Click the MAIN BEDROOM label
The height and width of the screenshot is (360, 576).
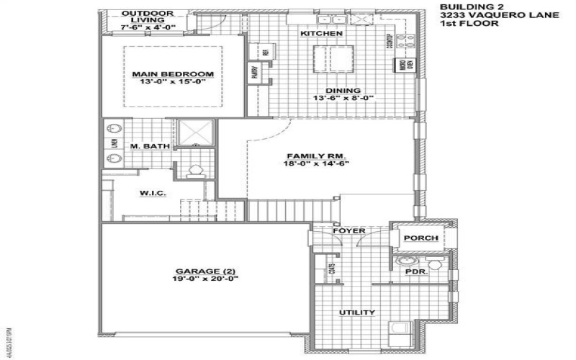(x=173, y=74)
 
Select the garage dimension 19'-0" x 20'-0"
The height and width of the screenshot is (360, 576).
(x=204, y=279)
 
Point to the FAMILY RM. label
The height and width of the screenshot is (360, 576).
(x=317, y=156)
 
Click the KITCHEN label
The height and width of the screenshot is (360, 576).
(x=321, y=34)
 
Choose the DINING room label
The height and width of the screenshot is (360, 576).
(x=343, y=91)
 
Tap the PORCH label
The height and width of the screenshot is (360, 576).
(x=417, y=238)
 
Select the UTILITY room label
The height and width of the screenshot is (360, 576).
(x=357, y=312)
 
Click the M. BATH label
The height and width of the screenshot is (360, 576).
(x=150, y=147)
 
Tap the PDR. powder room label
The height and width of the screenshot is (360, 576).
(x=417, y=273)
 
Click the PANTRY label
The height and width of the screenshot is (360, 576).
(x=256, y=72)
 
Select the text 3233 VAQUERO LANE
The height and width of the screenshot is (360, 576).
(x=479, y=15)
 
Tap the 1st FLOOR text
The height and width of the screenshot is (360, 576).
(x=461, y=24)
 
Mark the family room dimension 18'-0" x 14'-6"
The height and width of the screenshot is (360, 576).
(x=317, y=164)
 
